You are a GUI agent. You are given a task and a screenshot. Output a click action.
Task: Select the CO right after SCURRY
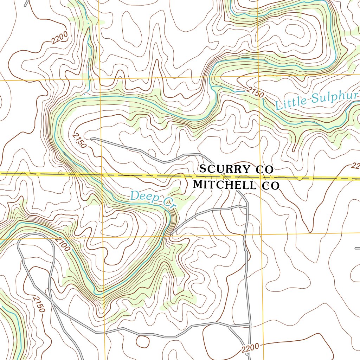tap(264, 169)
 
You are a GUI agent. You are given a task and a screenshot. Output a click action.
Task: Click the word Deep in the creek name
tap(141, 196)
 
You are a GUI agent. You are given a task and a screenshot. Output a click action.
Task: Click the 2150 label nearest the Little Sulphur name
tap(255, 92)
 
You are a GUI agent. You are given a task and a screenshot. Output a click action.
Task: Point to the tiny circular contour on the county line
tap(60, 173)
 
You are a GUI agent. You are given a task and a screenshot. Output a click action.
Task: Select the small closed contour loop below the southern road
tap(142, 341)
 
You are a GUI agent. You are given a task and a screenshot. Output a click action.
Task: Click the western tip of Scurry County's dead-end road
tap(91, 139)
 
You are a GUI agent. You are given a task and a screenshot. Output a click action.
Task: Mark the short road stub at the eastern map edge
tap(357, 248)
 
